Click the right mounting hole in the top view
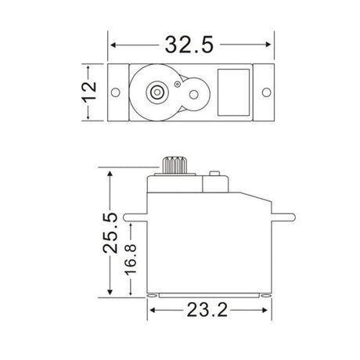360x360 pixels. [x=267, y=93]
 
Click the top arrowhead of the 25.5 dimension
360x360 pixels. [x=111, y=171]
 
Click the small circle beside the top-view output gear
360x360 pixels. [x=178, y=82]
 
